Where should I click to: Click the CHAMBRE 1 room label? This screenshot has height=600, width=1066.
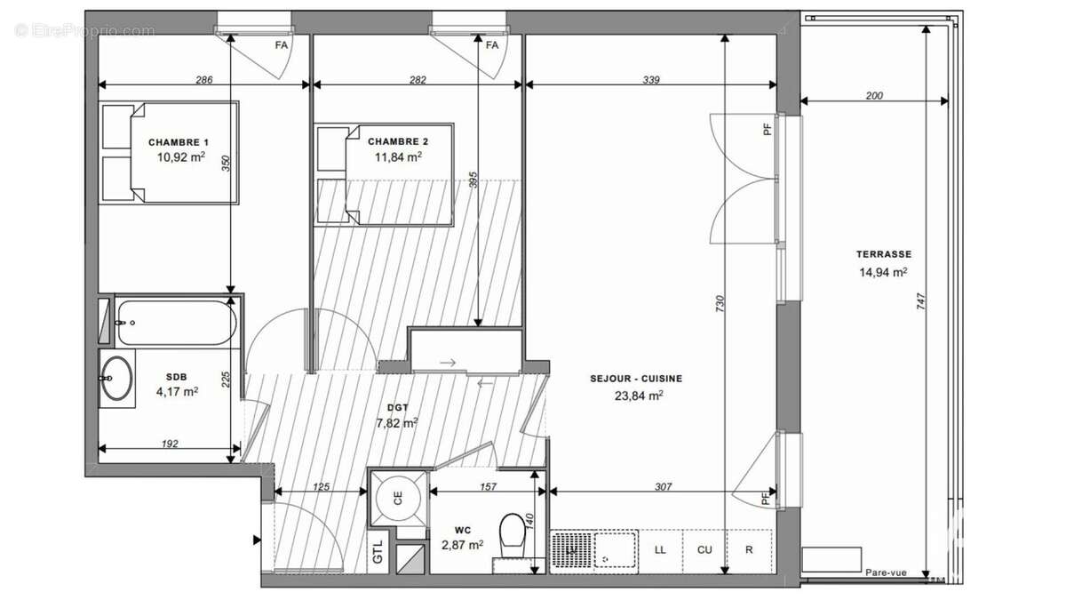[179, 142]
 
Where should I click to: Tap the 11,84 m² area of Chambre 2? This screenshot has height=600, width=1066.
[398, 157]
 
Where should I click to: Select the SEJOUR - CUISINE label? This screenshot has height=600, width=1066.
[636, 379]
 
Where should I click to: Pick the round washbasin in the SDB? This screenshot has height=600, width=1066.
[115, 379]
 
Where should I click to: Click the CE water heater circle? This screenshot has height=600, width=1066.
[398, 499]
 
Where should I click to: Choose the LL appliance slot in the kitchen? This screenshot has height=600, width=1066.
[660, 550]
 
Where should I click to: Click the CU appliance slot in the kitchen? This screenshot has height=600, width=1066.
[704, 550]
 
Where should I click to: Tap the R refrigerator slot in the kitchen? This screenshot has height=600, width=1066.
[749, 550]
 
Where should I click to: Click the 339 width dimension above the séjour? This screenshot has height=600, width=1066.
[651, 80]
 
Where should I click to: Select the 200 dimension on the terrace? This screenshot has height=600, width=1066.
[873, 96]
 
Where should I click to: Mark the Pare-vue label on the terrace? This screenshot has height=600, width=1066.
[886, 573]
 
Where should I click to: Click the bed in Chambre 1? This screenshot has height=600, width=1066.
[170, 153]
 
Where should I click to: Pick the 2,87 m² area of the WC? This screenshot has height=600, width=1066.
[463, 544]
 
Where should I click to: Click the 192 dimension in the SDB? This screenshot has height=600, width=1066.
[171, 443]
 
